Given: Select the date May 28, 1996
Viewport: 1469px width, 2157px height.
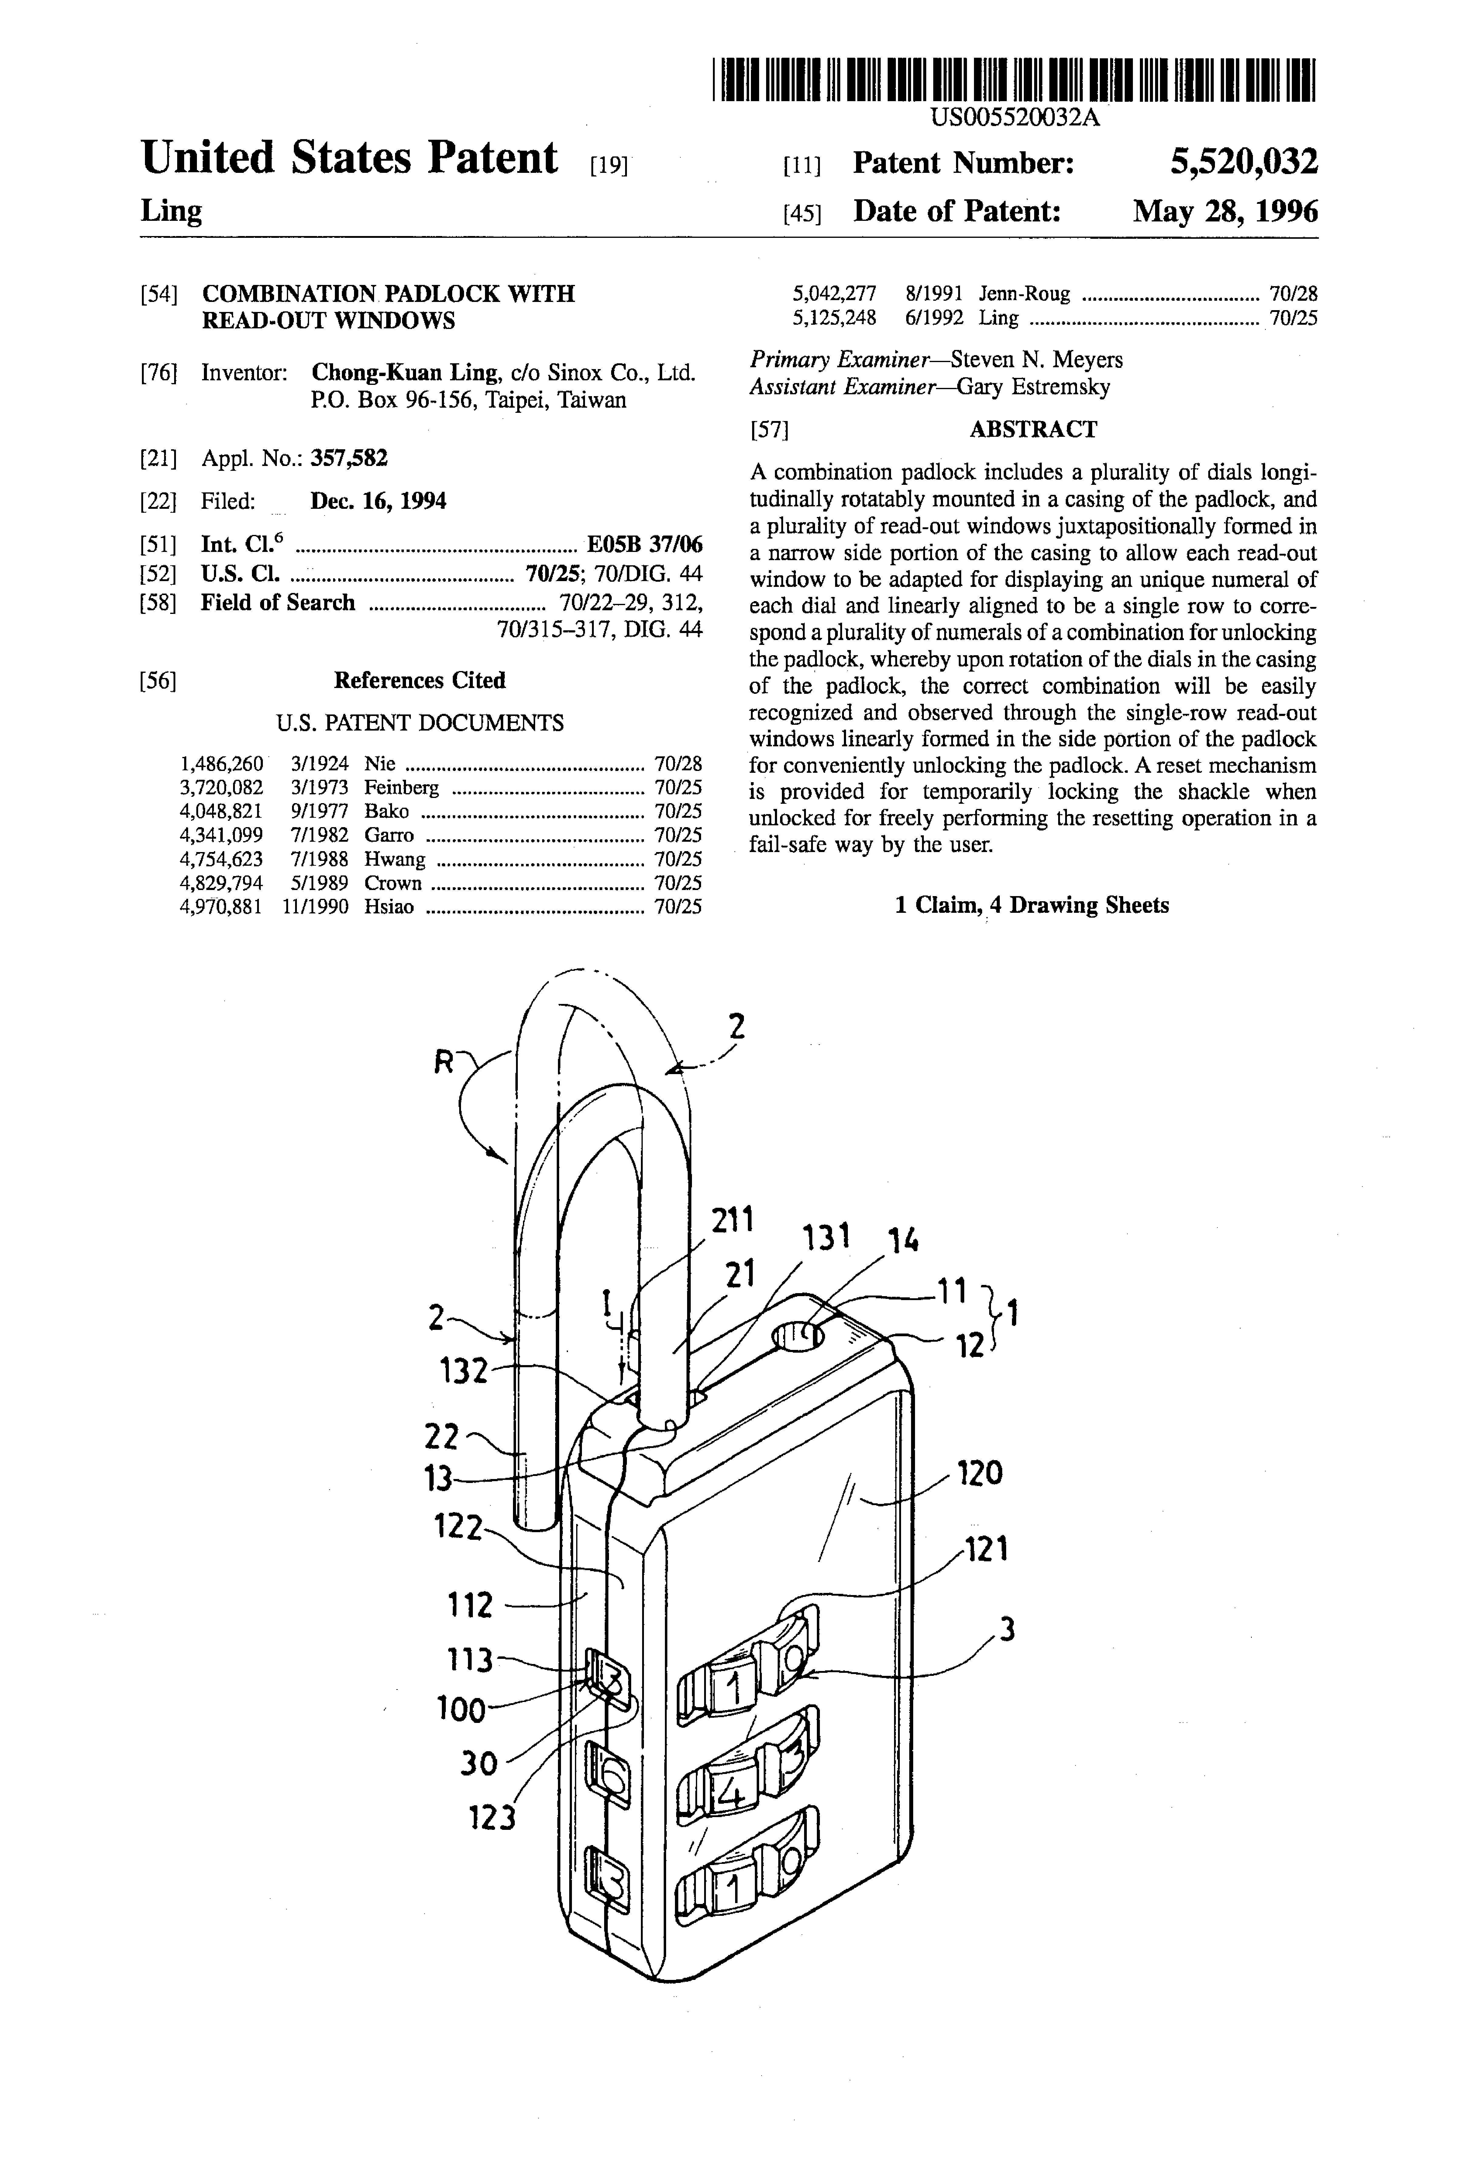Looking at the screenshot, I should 1224,212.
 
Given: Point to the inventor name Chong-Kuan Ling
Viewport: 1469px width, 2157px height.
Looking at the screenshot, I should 404,373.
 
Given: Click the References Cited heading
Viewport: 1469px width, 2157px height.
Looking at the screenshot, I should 420,680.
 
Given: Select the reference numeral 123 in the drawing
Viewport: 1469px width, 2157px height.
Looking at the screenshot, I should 491,1816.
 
